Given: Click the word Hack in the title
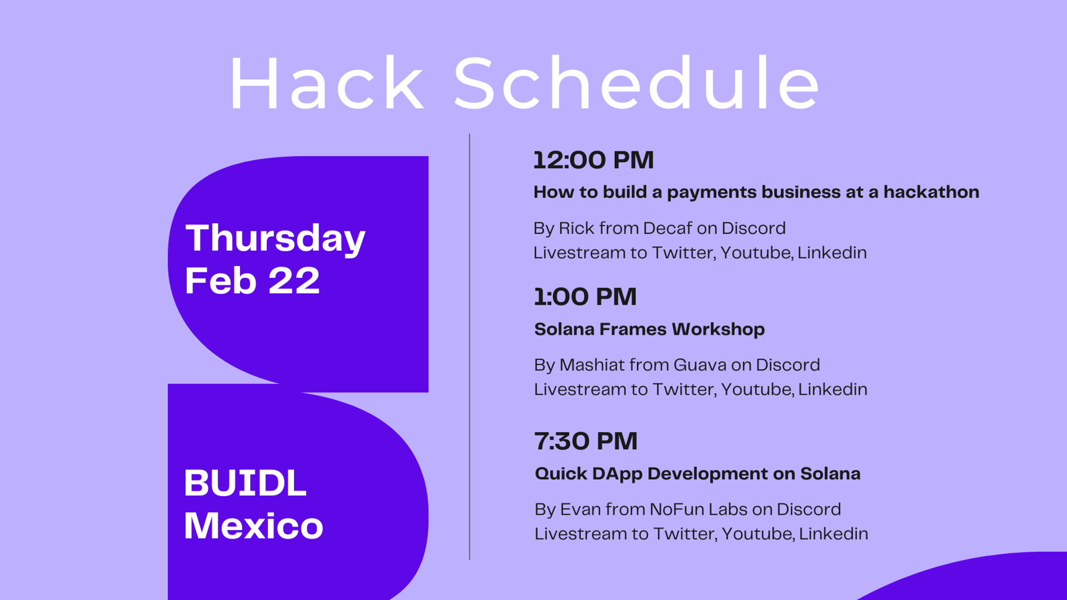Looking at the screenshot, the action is click(326, 83).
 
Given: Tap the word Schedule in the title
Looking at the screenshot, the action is click(636, 83).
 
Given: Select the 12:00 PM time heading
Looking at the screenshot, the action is click(594, 160).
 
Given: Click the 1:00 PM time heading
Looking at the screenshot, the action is click(586, 297).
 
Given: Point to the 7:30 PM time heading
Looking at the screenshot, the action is click(586, 441).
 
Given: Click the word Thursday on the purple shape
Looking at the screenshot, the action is click(275, 238).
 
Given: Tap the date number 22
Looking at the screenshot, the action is click(294, 281).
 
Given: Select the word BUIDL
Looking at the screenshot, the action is click(245, 483).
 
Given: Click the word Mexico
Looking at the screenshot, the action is click(253, 526).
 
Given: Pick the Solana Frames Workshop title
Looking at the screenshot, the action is click(650, 329).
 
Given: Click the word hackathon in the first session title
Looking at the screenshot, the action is click(931, 192).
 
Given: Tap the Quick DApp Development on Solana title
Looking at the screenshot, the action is click(698, 474).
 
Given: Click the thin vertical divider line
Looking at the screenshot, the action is click(469, 347).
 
